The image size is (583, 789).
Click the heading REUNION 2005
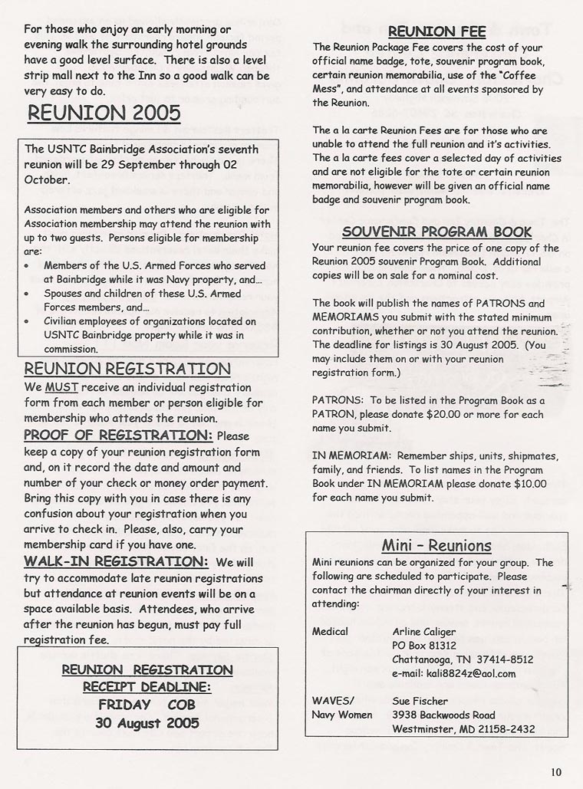104,113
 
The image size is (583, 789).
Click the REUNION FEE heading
436,32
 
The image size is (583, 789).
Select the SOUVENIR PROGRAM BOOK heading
436,232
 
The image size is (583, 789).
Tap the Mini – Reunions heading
436,546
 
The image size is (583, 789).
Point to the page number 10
557,772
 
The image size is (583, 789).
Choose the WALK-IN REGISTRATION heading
116,561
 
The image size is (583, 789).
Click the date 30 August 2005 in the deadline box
147,722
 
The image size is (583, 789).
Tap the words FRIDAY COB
147,704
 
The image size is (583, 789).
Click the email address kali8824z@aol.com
453,673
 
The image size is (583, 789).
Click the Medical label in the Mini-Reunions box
330,631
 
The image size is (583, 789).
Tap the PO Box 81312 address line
424,645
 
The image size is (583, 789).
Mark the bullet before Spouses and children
28,294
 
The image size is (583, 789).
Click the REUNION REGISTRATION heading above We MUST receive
127,369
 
